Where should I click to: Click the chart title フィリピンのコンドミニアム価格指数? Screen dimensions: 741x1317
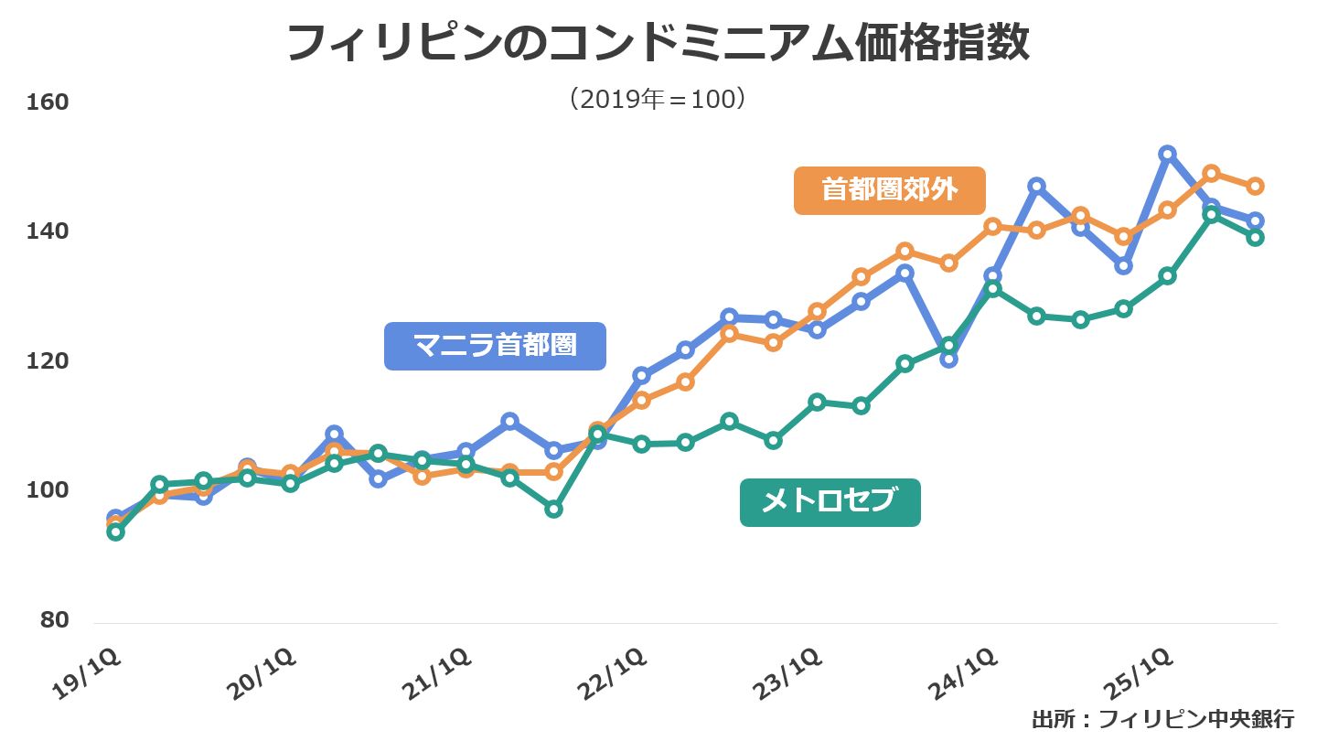[658, 44]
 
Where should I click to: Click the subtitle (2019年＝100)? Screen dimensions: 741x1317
[658, 99]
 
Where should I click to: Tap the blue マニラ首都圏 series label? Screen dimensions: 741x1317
[495, 346]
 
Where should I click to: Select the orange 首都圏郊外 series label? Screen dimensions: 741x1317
[889, 190]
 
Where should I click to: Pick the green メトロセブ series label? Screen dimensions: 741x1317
[830, 502]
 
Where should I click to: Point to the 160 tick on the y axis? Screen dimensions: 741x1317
[48, 102]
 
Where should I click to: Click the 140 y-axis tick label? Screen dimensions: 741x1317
[48, 231]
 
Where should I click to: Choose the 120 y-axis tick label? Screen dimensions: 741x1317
[48, 361]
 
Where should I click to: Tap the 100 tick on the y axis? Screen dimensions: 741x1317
[48, 491]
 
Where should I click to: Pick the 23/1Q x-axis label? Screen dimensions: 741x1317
[792, 675]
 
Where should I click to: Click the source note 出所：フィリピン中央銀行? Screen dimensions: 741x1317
[1162, 719]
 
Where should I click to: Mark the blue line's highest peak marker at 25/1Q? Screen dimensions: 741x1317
[1167, 154]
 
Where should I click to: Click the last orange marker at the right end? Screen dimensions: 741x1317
[1255, 186]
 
